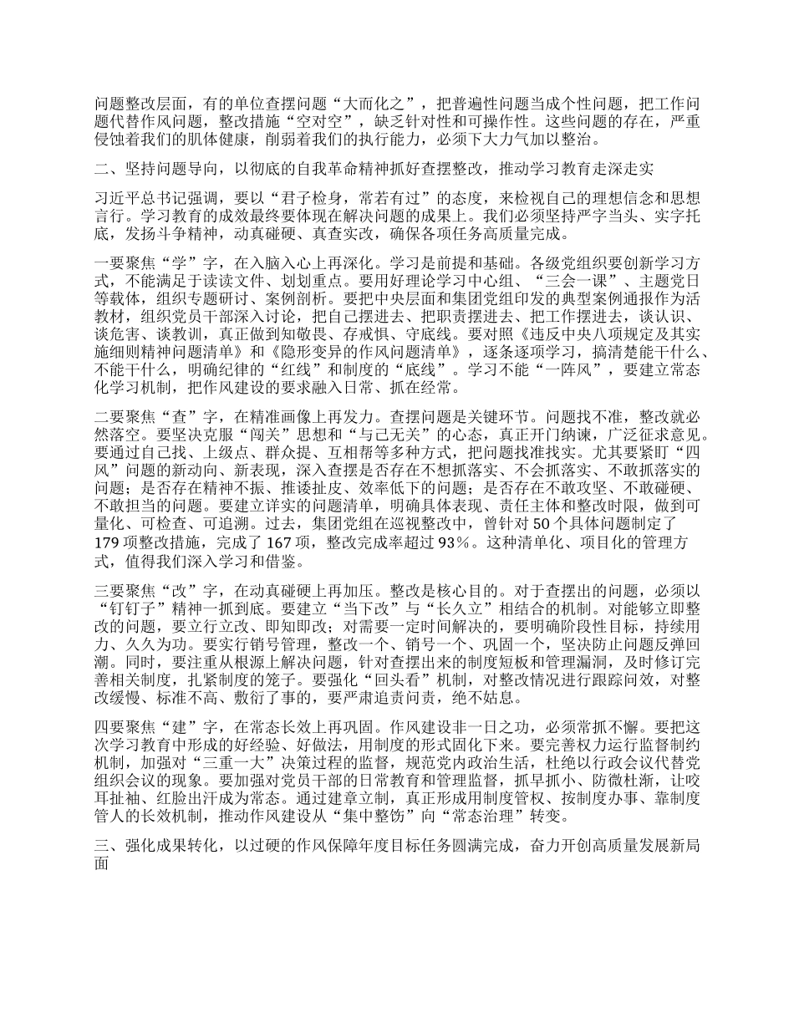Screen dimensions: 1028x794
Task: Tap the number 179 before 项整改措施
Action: (109, 543)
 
